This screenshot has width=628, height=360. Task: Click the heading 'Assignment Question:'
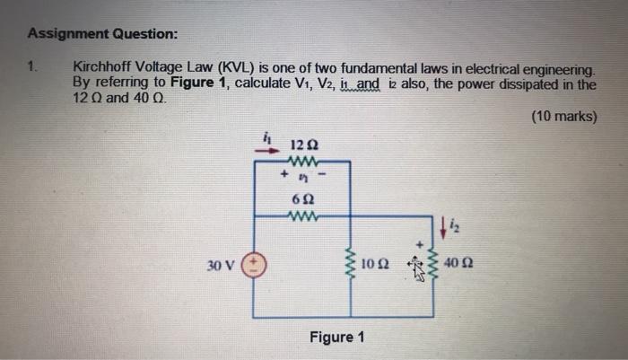(102, 34)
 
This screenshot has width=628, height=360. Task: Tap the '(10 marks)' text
(563, 116)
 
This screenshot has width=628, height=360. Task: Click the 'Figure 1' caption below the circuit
(336, 338)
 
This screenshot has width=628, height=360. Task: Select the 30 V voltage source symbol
(253, 267)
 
